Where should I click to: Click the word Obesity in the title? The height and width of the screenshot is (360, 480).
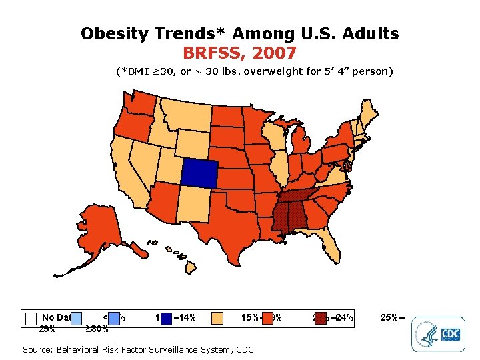pos(117,33)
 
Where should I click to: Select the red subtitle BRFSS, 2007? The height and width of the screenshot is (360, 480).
pos(239,51)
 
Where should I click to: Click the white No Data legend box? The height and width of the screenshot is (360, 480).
pos(30,318)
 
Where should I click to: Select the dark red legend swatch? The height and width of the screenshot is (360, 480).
pos(321,317)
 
